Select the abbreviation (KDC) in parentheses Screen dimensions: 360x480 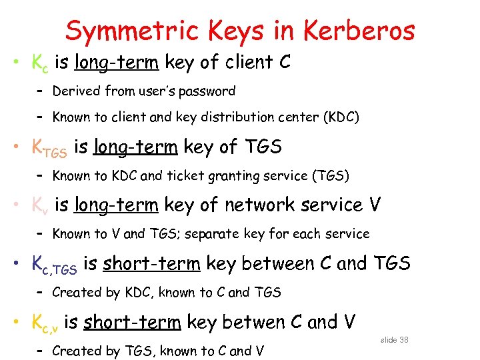(x=341, y=118)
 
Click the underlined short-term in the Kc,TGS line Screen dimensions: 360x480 (x=151, y=264)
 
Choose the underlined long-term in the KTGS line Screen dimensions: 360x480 (x=135, y=147)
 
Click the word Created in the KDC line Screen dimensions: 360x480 (x=75, y=292)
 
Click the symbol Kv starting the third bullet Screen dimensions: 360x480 (x=41, y=206)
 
